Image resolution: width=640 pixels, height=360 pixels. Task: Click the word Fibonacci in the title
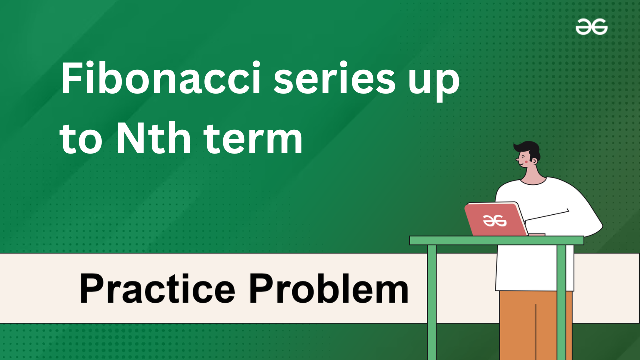point(160,77)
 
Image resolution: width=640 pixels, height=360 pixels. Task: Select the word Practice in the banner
point(157,288)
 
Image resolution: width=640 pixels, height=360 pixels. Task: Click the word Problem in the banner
point(329,288)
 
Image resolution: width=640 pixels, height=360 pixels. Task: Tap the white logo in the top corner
point(591,27)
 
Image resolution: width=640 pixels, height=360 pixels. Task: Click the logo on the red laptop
point(495,221)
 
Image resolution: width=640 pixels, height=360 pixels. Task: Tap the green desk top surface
point(496,241)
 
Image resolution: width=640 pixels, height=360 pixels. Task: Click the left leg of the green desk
point(432,302)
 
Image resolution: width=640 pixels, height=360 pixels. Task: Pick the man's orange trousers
point(536,325)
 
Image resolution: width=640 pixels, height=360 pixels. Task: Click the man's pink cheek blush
point(526,161)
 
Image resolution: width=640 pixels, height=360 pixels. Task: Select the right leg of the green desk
point(561,302)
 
